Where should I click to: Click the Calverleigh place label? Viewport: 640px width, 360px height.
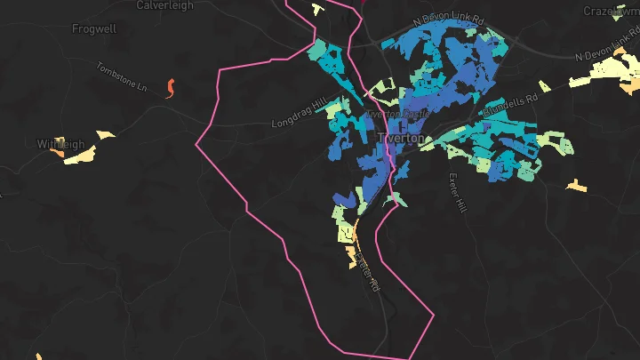tap(164, 5)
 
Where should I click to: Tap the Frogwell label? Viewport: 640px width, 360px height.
tap(93, 28)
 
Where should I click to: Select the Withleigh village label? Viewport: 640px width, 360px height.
tap(60, 144)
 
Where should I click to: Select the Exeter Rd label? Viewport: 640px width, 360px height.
tap(368, 271)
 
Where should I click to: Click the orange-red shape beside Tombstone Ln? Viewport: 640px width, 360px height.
tap(170, 87)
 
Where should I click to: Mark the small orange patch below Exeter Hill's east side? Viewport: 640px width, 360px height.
tap(577, 186)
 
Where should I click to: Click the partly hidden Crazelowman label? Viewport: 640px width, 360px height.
tap(612, 11)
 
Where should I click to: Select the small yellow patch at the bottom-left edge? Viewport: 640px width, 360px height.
tap(38, 356)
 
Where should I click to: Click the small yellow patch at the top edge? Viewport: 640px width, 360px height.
tap(316, 9)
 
